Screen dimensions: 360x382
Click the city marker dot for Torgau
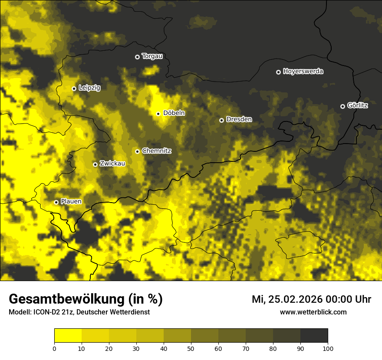click(137, 57)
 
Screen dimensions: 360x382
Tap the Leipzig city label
click(89, 88)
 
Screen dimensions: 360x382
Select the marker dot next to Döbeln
click(158, 114)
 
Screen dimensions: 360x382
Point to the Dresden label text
click(239, 119)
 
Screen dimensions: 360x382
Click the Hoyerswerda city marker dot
click(278, 72)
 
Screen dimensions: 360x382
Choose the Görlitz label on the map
click(357, 105)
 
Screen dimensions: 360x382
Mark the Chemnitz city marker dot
click(137, 151)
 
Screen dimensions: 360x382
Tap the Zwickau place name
click(112, 164)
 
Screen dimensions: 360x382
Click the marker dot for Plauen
click(56, 202)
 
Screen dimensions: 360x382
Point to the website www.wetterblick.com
click(313, 312)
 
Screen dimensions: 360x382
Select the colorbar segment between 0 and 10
click(68, 336)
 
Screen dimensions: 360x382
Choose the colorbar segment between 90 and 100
click(314, 336)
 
